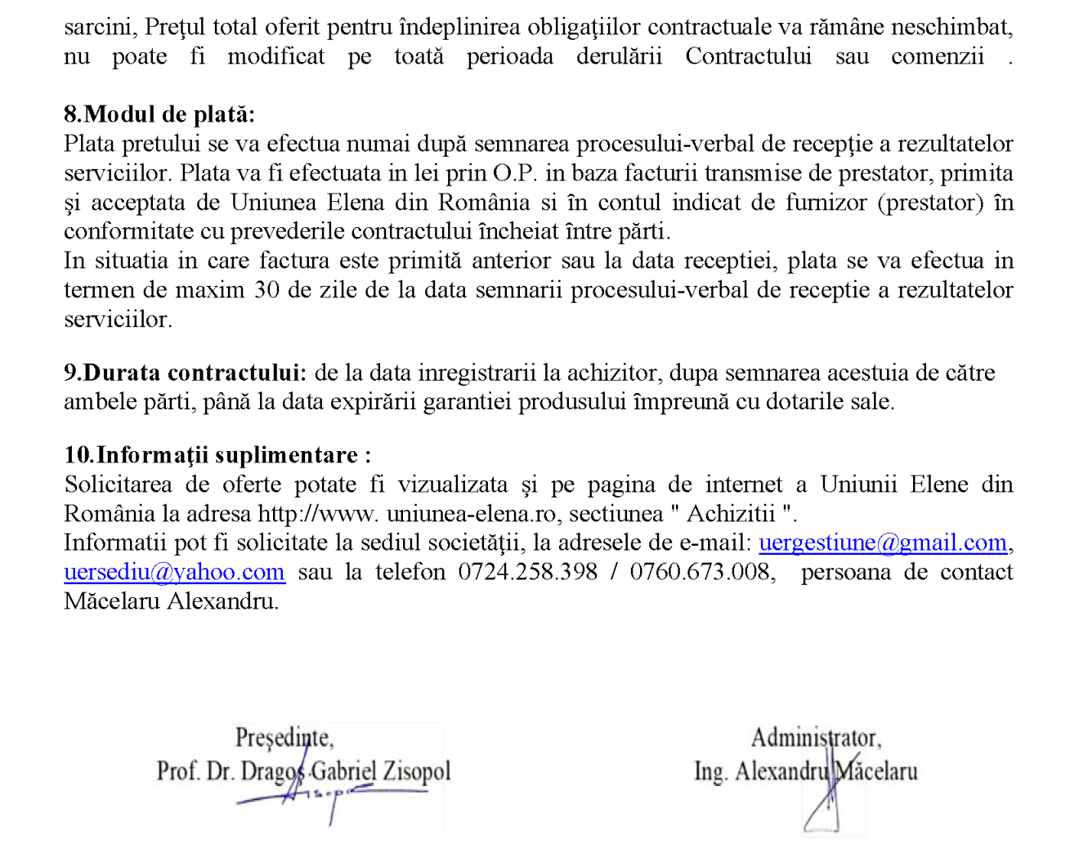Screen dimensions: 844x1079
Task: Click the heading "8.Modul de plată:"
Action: point(159,114)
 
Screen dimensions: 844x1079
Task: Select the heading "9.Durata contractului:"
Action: point(186,373)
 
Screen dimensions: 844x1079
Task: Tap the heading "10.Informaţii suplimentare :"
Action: point(217,455)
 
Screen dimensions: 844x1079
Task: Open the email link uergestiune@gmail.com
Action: point(883,543)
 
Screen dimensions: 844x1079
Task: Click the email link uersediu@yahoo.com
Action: point(174,573)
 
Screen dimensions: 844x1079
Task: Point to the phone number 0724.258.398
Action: point(527,572)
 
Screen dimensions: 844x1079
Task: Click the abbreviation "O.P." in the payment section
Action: point(514,173)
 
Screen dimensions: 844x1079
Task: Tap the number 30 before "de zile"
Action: point(266,290)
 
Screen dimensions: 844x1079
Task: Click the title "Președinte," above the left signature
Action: point(284,738)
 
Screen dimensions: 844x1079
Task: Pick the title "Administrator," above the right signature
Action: point(816,738)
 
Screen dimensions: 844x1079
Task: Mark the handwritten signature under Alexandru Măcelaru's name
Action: point(826,805)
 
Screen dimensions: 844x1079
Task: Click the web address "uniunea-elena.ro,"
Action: point(471,514)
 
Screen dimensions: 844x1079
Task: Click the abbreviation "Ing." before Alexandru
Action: point(710,771)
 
